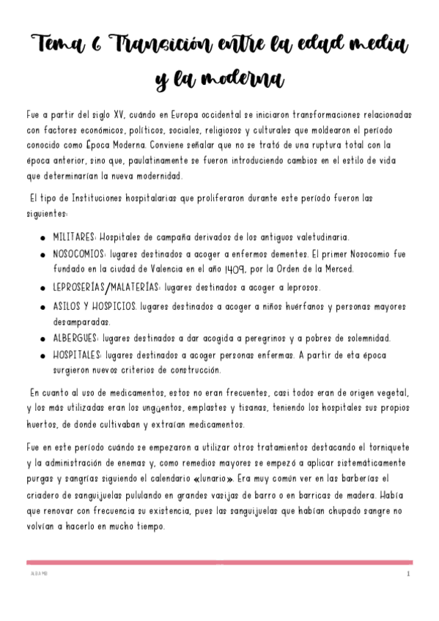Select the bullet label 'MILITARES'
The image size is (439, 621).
point(73,237)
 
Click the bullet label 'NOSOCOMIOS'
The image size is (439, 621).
point(80,253)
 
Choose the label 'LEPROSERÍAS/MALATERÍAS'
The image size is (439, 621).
point(106,288)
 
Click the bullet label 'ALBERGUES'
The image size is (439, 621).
point(76,338)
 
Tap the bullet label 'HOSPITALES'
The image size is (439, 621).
point(78,354)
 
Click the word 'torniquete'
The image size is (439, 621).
point(381,447)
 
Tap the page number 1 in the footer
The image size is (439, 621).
point(407,574)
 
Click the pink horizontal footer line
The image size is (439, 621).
point(219,562)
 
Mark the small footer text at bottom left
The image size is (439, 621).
point(36,574)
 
